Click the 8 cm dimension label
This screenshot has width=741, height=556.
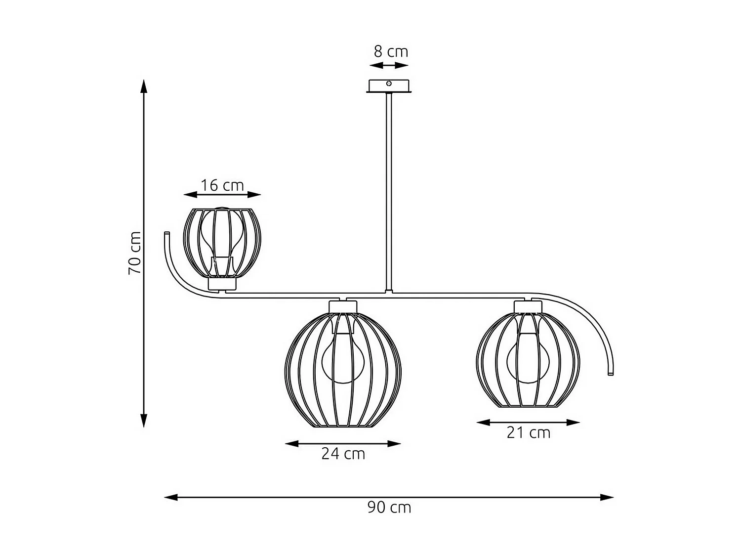pyautogui.click(x=391, y=51)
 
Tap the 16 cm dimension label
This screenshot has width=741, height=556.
pyautogui.click(x=222, y=185)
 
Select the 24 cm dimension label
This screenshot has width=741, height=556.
pyautogui.click(x=343, y=454)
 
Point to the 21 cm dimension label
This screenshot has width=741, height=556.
pyautogui.click(x=528, y=432)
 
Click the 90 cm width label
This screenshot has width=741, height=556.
pyautogui.click(x=389, y=507)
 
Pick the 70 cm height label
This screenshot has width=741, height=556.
pyautogui.click(x=135, y=253)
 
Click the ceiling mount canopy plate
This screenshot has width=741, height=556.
pyautogui.click(x=389, y=86)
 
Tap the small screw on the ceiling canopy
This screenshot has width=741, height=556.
pyautogui.click(x=389, y=84)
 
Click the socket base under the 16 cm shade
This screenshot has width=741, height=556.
pyautogui.click(x=222, y=284)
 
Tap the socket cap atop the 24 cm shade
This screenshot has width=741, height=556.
pyautogui.click(x=343, y=306)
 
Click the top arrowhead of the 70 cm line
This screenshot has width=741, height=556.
pyautogui.click(x=144, y=86)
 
